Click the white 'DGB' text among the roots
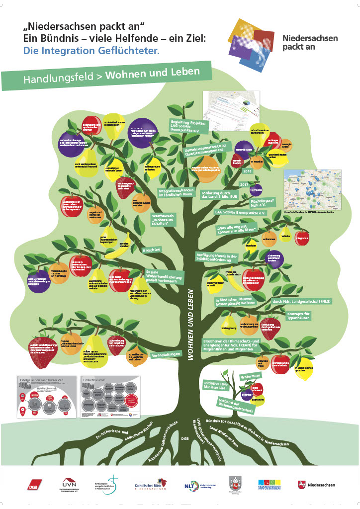pyautogui.click(x=185, y=438)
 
